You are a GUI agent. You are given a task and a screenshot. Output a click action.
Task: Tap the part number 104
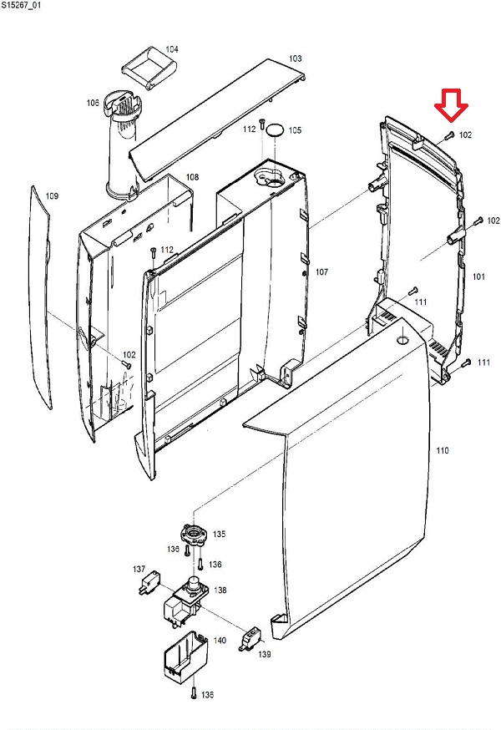pyautogui.click(x=171, y=49)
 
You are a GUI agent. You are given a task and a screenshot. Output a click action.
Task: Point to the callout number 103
pyautogui.click(x=295, y=58)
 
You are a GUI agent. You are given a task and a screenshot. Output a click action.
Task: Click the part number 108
pyautogui.click(x=192, y=177)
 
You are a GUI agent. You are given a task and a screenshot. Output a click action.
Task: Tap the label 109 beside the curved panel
pyautogui.click(x=52, y=196)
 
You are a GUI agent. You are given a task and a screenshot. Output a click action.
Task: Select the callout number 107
pyautogui.click(x=322, y=272)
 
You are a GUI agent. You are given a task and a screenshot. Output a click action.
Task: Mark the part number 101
pyautogui.click(x=479, y=276)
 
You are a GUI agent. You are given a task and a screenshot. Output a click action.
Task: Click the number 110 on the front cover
pyautogui.click(x=443, y=451)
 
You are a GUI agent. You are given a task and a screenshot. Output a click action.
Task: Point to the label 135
pyautogui.click(x=219, y=534)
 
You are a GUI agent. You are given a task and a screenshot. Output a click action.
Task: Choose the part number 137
pyautogui.click(x=139, y=569)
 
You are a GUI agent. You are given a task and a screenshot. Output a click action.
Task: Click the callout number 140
pyautogui.click(x=220, y=641)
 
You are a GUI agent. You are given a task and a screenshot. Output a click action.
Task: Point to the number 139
pyautogui.click(x=264, y=654)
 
